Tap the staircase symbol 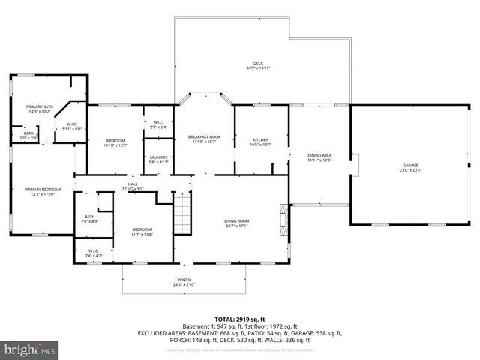click(183, 214)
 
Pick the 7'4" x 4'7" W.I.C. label click(93, 253)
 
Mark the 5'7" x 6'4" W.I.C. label click(158, 124)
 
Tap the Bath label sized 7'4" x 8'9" click(90, 219)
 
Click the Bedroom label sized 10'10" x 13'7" click(115, 142)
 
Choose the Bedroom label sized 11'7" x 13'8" click(142, 231)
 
